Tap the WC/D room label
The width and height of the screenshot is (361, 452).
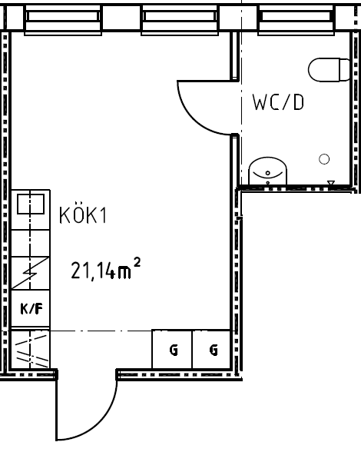(278, 102)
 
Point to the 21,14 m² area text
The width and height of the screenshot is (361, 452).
(106, 269)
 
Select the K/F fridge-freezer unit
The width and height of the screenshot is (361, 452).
(31, 309)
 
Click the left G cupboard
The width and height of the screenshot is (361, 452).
(172, 349)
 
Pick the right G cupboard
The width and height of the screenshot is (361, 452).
(211, 349)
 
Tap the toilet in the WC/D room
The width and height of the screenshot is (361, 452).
(330, 70)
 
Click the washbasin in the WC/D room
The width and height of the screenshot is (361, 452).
(267, 171)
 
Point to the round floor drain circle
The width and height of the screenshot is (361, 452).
(324, 159)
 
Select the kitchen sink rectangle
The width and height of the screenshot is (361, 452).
(31, 204)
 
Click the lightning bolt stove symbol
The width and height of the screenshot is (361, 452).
(31, 273)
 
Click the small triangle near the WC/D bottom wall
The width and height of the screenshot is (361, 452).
(331, 183)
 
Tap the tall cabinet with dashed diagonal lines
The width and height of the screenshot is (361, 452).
(30, 349)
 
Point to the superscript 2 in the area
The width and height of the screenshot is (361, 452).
(137, 263)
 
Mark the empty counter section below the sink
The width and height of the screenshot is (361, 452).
(31, 243)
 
